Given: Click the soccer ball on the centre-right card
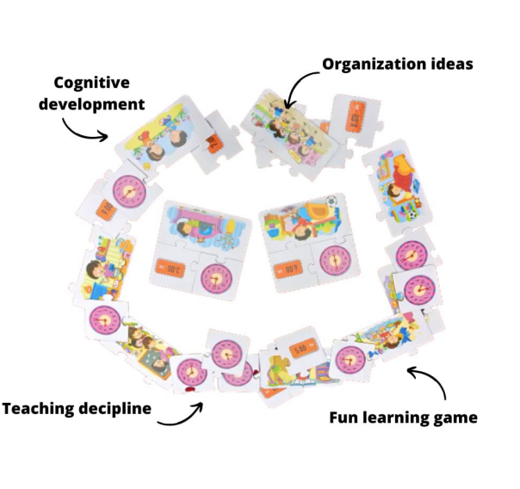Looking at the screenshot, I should [x=331, y=207].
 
